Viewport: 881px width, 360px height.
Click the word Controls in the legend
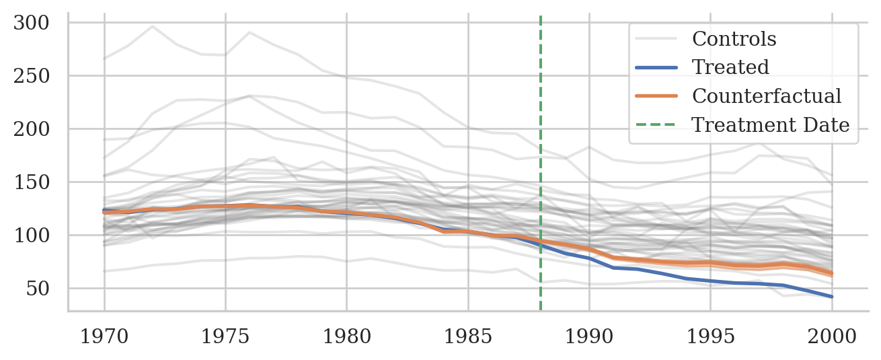tap(734, 39)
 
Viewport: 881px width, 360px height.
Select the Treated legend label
tap(730, 67)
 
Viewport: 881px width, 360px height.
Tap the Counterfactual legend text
tap(767, 96)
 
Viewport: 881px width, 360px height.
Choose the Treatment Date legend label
tap(771, 125)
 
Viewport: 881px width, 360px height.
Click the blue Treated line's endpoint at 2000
tap(832, 297)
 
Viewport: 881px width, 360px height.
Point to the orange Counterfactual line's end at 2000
tap(832, 273)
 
